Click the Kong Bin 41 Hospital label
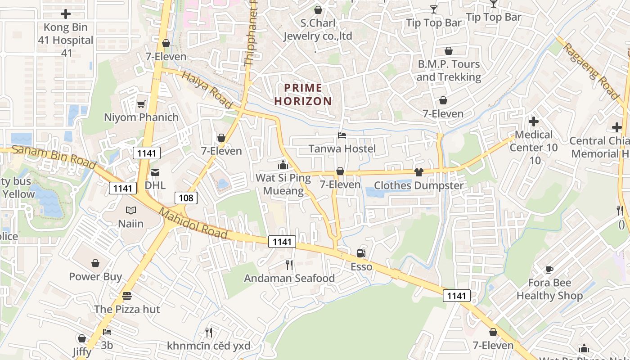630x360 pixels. tap(66, 40)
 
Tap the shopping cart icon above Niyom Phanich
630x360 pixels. tap(141, 104)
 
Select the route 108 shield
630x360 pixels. tap(186, 198)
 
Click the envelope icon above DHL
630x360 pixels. tap(155, 172)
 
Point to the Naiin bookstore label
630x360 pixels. tap(131, 223)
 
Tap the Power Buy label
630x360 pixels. tap(95, 276)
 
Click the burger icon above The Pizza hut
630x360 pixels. tap(127, 296)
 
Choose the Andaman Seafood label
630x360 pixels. tap(289, 279)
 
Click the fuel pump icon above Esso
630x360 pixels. tap(361, 254)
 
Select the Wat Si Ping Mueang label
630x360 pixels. tap(283, 184)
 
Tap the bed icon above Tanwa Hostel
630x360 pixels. tap(342, 135)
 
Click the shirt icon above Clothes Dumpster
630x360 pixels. tap(419, 172)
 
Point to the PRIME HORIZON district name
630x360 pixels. tap(303, 94)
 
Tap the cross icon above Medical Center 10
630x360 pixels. tap(534, 121)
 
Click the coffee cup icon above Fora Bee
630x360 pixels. tap(549, 270)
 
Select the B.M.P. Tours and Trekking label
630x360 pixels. tap(449, 71)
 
